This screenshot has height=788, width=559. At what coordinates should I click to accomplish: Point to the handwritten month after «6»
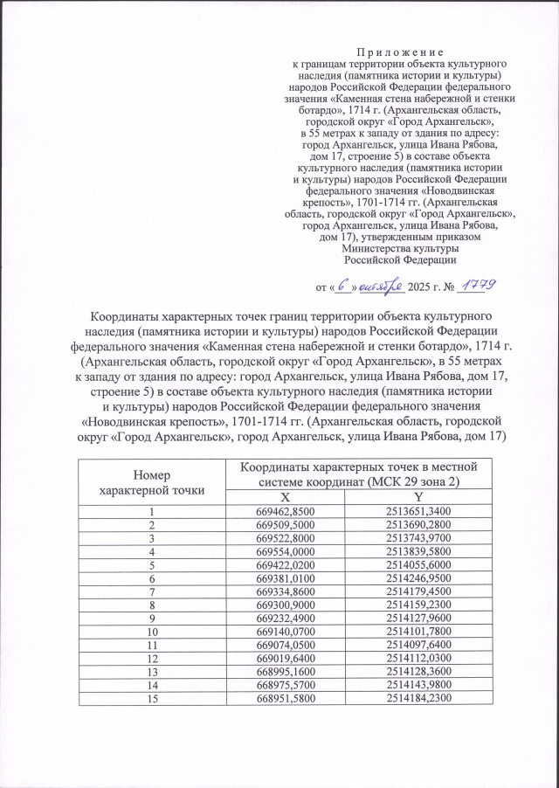click(x=381, y=284)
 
